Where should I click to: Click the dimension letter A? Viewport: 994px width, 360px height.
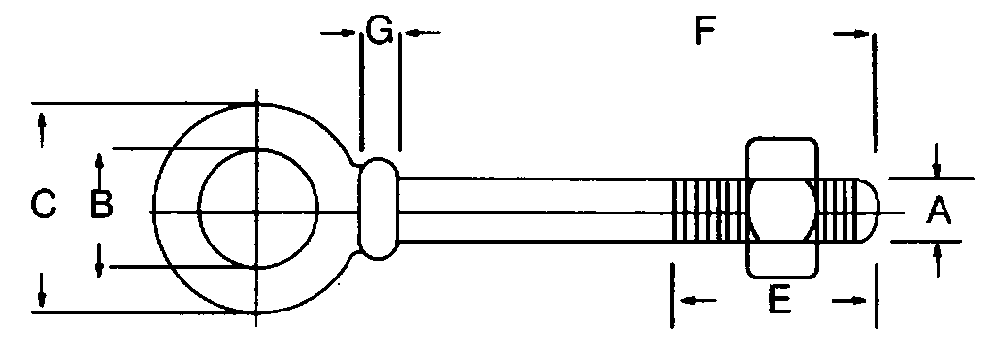[x=937, y=210]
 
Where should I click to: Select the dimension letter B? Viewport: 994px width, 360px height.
[x=101, y=205]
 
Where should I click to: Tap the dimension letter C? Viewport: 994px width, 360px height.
[x=43, y=205]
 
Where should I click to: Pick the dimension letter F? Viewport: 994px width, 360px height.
[x=705, y=33]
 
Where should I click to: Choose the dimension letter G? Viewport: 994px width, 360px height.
[x=380, y=32]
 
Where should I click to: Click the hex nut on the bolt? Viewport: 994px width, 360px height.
[x=782, y=209]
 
